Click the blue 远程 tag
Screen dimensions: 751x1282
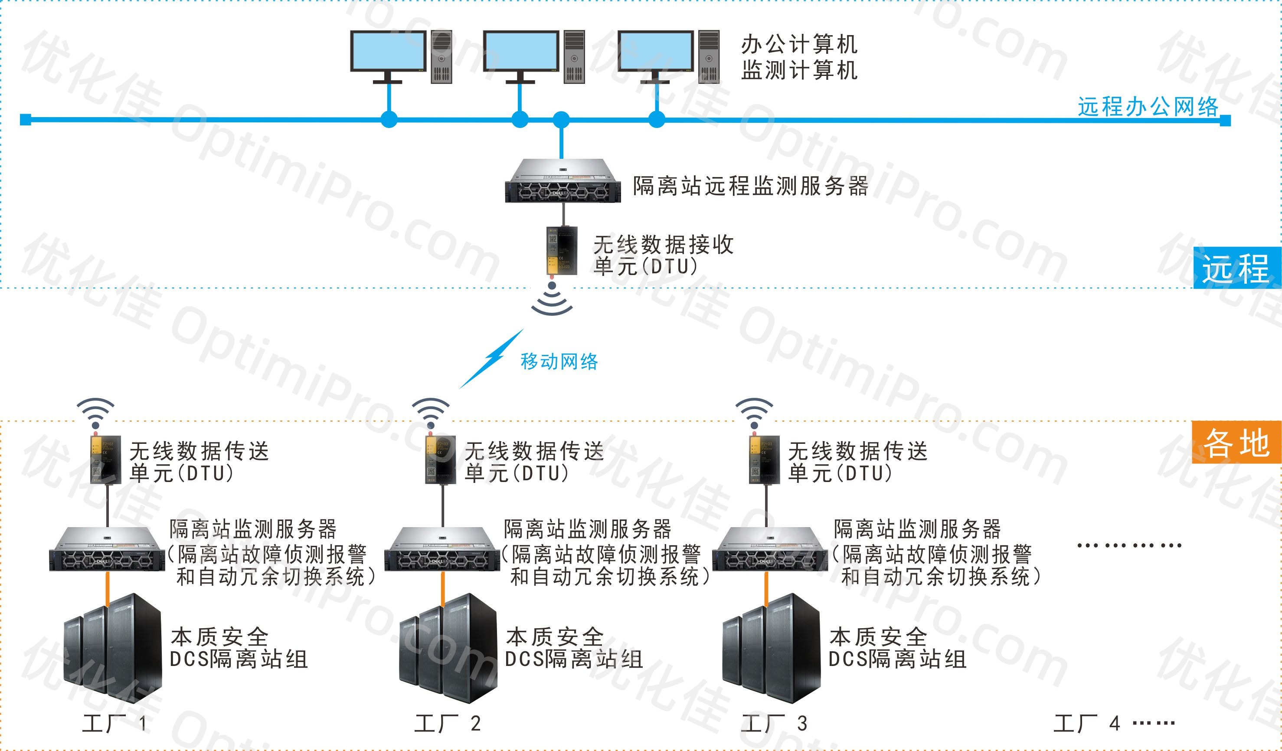[x=1236, y=268]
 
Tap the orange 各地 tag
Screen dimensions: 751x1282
[x=1236, y=442]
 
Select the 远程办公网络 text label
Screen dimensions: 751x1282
[x=1148, y=107]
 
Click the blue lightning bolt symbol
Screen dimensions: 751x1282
[x=491, y=359]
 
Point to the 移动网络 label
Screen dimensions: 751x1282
[x=559, y=362]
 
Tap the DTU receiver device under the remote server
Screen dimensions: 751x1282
[x=562, y=250]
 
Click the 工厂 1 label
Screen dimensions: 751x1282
[x=115, y=723]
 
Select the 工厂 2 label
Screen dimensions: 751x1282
[x=448, y=723]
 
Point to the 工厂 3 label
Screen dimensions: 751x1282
[x=774, y=723]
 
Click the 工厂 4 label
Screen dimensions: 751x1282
[x=1086, y=723]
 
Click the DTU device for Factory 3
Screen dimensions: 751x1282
[x=764, y=459]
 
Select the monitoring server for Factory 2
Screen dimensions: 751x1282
[x=442, y=550]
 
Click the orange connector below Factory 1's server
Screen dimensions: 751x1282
[x=108, y=588]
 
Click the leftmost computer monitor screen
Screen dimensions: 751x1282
[x=388, y=50]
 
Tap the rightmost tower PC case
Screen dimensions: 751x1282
[x=709, y=56]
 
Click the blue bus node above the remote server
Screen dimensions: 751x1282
[x=561, y=120]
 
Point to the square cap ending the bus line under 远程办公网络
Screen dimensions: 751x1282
[x=1226, y=121]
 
